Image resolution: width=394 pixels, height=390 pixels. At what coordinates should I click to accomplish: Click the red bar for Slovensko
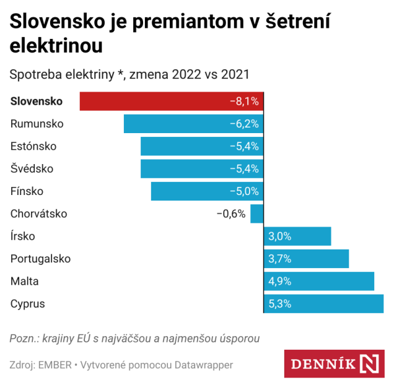click(x=155, y=101)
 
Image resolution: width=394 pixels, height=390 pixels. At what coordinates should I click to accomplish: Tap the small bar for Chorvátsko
click(x=257, y=214)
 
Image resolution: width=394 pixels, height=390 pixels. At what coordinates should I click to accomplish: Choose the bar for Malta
click(x=319, y=281)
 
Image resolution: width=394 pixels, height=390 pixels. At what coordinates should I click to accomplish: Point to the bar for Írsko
click(x=297, y=236)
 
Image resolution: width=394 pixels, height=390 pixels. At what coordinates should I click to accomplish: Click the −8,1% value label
click(x=243, y=102)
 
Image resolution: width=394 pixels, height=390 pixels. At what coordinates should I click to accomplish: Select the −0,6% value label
click(x=230, y=214)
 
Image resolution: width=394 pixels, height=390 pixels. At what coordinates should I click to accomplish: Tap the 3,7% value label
click(x=279, y=259)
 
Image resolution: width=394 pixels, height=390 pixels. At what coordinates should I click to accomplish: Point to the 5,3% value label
click(x=279, y=304)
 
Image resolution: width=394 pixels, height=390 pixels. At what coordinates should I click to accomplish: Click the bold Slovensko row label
click(x=41, y=102)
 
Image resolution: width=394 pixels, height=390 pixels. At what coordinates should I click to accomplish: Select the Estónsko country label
click(x=33, y=146)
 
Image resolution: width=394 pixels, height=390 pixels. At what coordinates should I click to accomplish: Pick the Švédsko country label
click(x=32, y=169)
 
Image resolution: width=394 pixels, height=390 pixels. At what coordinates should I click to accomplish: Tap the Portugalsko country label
click(x=40, y=259)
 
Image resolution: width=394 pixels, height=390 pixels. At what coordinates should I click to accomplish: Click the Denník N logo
click(x=334, y=364)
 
